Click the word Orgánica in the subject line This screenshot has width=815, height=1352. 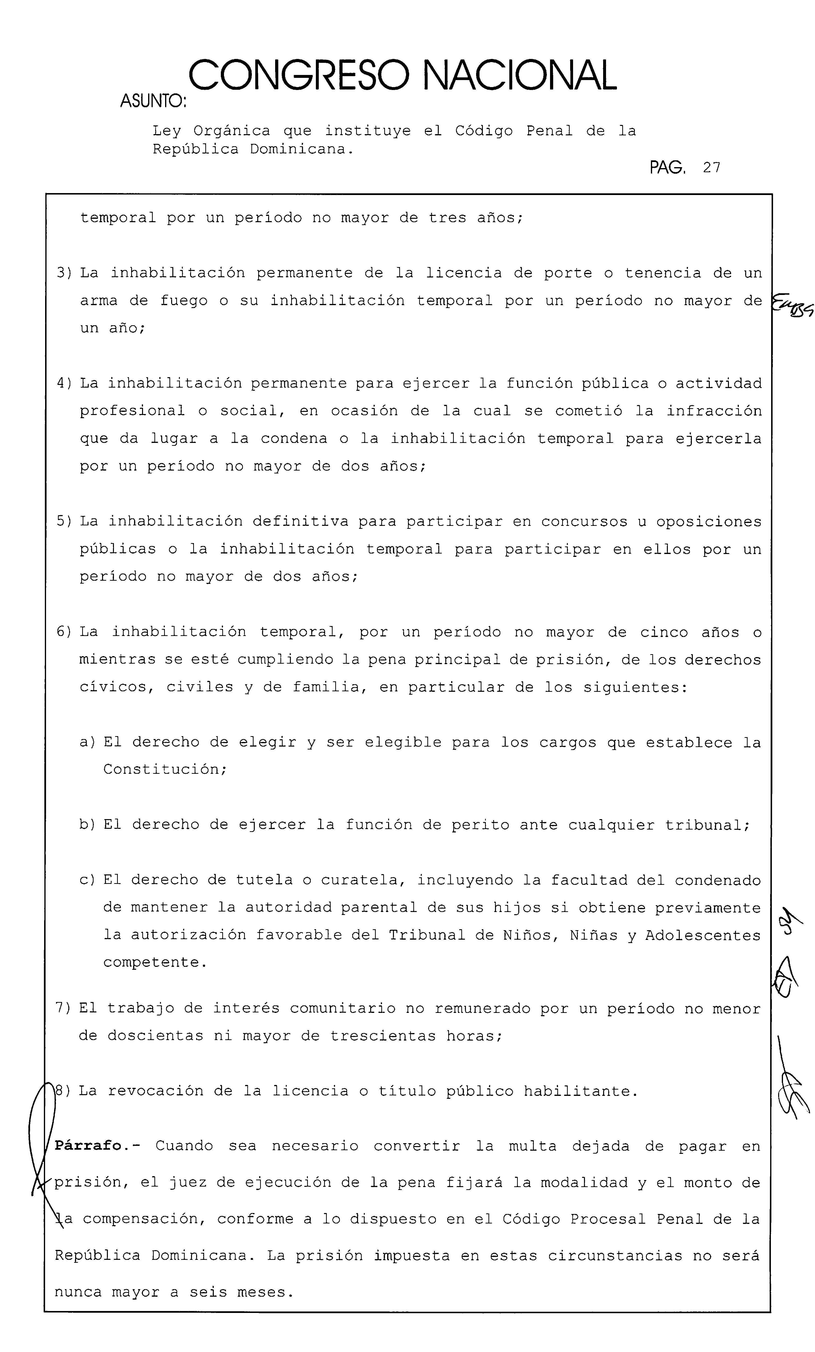pos(232,131)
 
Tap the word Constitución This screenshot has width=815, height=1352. pos(165,769)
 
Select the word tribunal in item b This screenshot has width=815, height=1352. pos(706,825)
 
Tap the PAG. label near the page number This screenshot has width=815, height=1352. pos(667,167)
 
